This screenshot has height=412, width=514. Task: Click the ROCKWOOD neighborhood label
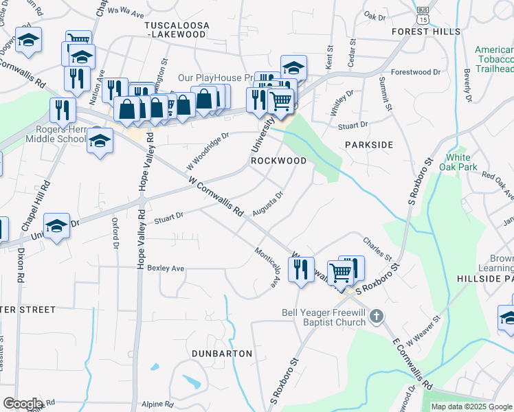278,161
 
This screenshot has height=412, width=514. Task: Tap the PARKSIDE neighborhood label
369,145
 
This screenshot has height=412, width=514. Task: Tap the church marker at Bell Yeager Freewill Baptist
375,317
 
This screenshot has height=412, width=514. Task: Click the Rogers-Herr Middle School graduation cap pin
100,140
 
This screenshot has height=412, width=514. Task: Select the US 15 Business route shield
423,14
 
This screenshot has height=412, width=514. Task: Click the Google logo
22,404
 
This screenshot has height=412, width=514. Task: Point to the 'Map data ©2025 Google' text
471,407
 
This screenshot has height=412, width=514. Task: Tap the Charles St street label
377,245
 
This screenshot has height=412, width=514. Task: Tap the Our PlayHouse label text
210,78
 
